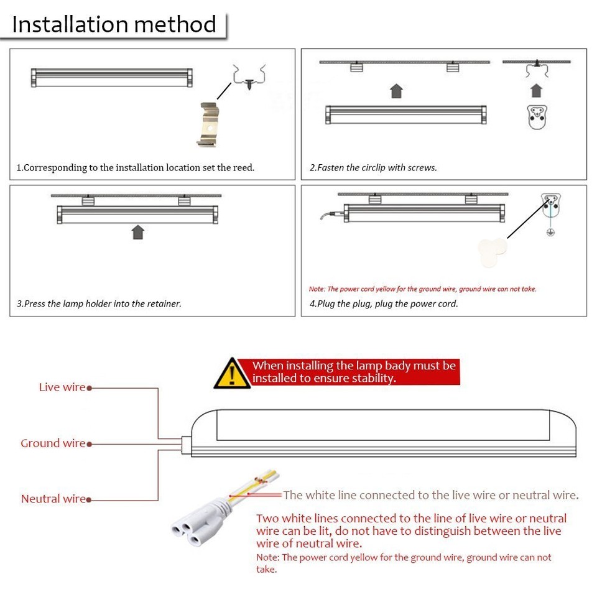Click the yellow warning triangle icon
[x=231, y=374]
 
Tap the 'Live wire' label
[x=62, y=387]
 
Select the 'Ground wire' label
[x=53, y=443]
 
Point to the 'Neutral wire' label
[x=53, y=499]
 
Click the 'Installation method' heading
[x=114, y=25]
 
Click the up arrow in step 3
[x=138, y=232]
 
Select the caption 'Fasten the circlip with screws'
[x=374, y=168]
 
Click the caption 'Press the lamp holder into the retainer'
[x=99, y=304]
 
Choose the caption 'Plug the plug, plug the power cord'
[x=384, y=304]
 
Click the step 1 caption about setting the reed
[x=136, y=168]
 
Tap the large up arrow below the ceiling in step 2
[x=396, y=91]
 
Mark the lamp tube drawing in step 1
[x=112, y=78]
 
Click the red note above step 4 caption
[x=423, y=289]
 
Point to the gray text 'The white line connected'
[x=430, y=496]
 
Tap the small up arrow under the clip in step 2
[x=536, y=91]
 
